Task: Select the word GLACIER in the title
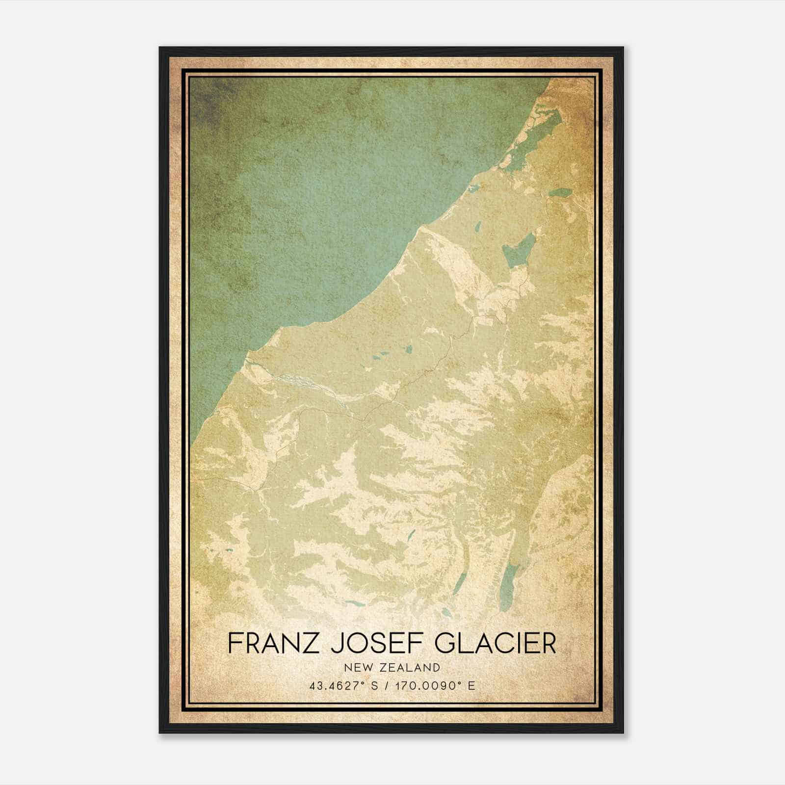pos(496,643)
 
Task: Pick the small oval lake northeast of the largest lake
pos(560,192)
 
